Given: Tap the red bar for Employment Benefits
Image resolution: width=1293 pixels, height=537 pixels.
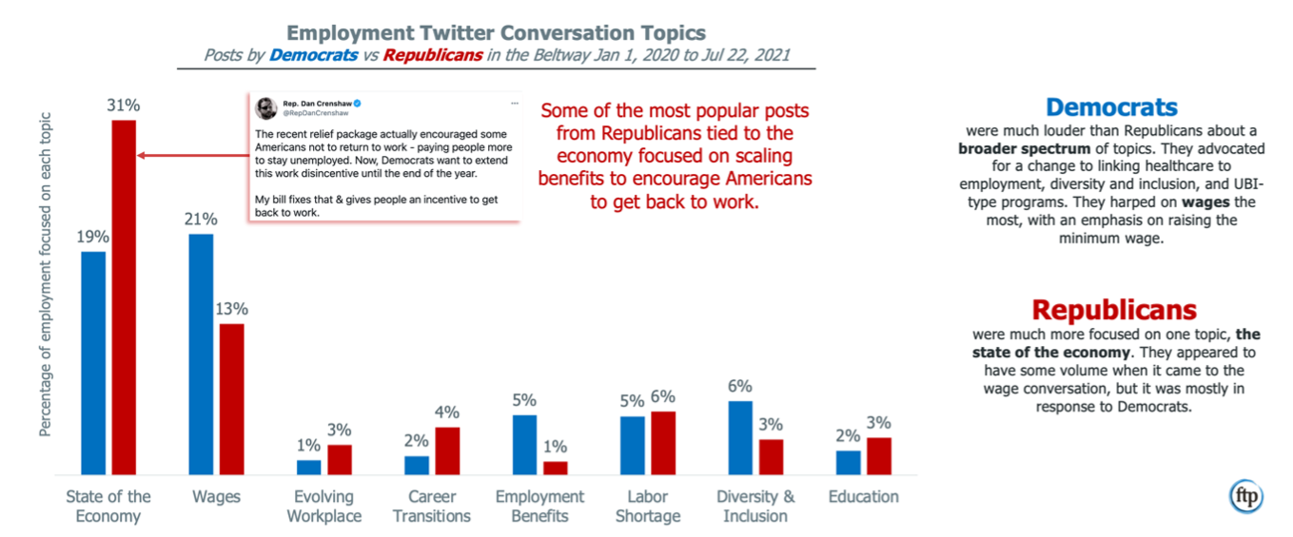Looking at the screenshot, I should click(x=556, y=468).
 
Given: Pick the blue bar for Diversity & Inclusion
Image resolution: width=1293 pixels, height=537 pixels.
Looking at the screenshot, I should click(x=740, y=437).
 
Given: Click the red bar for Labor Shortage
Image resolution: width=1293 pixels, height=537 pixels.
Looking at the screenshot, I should click(x=663, y=442).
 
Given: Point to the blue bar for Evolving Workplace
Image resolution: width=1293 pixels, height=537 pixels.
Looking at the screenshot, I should click(x=308, y=467).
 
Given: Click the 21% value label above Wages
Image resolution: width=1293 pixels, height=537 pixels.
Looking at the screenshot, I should click(x=200, y=220).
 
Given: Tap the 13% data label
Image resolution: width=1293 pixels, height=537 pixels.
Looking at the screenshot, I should click(x=231, y=309).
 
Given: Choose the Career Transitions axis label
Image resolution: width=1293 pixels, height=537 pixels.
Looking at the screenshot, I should click(x=432, y=507).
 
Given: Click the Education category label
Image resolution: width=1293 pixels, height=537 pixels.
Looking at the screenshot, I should click(x=863, y=496).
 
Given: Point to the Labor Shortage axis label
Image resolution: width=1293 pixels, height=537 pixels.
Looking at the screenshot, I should click(x=648, y=507).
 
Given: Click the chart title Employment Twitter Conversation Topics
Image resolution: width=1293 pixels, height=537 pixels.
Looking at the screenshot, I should click(x=497, y=34).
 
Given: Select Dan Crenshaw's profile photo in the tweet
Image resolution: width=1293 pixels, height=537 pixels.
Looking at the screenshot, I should click(x=265, y=107).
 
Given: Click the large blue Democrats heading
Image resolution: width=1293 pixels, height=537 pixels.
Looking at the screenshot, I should click(x=1111, y=107).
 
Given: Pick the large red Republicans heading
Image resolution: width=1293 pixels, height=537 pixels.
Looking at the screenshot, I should click(x=1114, y=310).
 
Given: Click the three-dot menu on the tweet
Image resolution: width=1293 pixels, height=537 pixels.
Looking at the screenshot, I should click(x=514, y=102).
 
